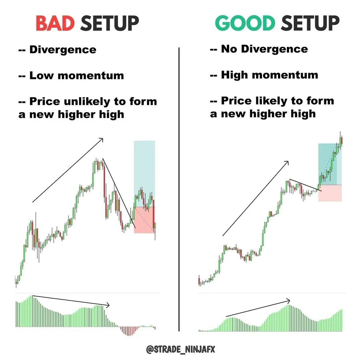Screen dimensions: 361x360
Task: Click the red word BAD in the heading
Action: tap(55, 23)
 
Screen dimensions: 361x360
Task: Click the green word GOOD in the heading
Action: tap(245, 23)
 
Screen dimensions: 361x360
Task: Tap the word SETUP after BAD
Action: tap(110, 23)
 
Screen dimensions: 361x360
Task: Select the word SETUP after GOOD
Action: tap(310, 23)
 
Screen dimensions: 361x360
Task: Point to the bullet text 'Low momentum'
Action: tap(77, 75)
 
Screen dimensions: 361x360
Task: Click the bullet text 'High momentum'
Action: tap(270, 75)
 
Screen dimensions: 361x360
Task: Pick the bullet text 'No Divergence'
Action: tap(265, 49)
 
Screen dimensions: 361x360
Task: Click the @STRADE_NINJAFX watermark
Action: tap(181, 349)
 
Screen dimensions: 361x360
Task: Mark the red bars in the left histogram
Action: tap(129, 331)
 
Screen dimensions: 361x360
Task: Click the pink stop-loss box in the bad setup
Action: tap(144, 220)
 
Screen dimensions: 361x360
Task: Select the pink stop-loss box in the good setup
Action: tap(330, 193)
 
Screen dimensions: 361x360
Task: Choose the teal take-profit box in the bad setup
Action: tap(144, 174)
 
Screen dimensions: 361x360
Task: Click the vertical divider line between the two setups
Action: tap(179, 190)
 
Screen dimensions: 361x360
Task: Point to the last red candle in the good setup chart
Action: tap(342, 141)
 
